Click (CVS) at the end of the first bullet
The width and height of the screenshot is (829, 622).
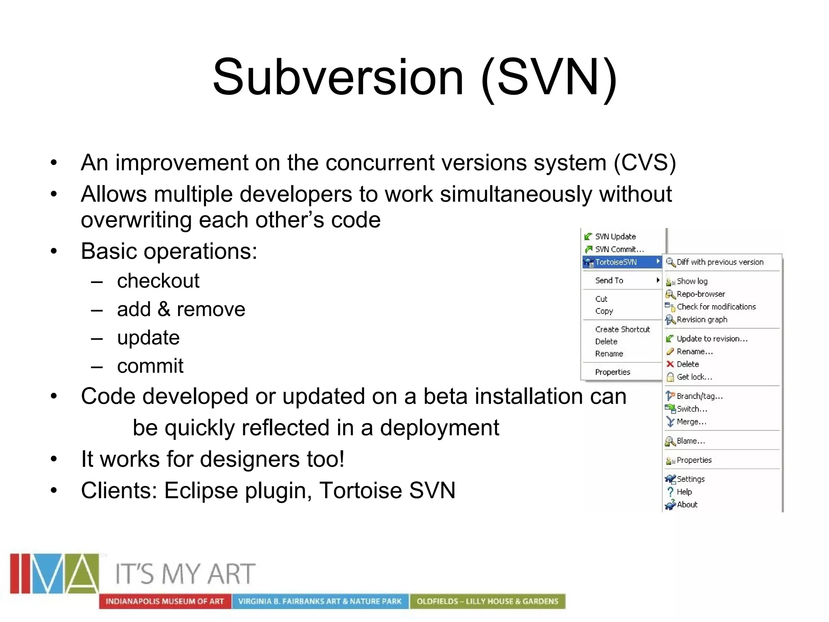coord(644,163)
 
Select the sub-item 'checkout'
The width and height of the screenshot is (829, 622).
coord(158,281)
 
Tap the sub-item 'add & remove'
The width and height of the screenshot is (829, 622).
coord(181,309)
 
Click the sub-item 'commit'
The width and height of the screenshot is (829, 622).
coord(150,366)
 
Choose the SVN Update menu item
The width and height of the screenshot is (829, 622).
coord(615,236)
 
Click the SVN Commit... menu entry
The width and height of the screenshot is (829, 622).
coord(619,249)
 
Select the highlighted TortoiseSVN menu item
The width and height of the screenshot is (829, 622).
coord(616,262)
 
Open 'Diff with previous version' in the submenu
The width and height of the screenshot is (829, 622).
coord(720,262)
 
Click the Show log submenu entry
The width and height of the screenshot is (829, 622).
coord(692,281)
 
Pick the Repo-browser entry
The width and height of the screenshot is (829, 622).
coord(701,294)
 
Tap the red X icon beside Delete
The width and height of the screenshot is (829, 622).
coord(670,364)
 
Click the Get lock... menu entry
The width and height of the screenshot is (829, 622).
coord(694,377)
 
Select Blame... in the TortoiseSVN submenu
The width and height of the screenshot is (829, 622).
coord(691,441)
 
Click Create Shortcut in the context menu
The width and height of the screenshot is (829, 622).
coord(622,329)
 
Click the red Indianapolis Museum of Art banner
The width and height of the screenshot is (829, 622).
coord(165,601)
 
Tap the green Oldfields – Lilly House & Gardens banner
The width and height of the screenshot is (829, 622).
coord(487,601)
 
